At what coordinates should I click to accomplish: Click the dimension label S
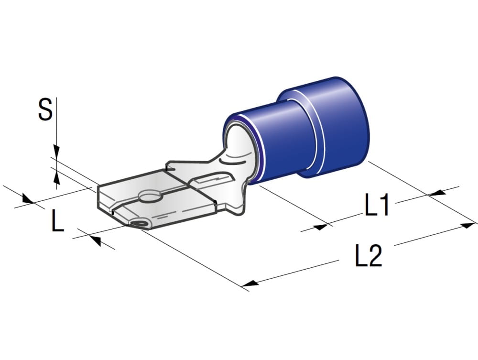(45, 109)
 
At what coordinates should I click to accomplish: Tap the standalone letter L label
(57, 220)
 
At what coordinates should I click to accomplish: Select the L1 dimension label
(377, 205)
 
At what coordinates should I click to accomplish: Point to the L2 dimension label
(369, 255)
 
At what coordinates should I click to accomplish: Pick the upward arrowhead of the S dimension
(56, 177)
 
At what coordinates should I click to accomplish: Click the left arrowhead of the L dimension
(27, 199)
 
